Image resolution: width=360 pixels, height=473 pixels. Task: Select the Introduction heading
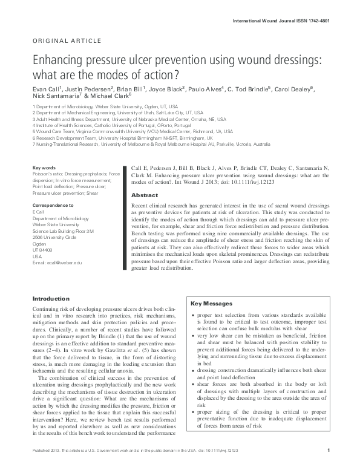click(x=51, y=299)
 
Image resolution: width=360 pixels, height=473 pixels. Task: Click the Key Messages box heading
click(x=211, y=303)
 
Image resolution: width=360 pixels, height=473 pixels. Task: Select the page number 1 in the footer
click(x=327, y=466)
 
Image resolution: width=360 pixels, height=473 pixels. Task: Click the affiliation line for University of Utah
click(x=103, y=113)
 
